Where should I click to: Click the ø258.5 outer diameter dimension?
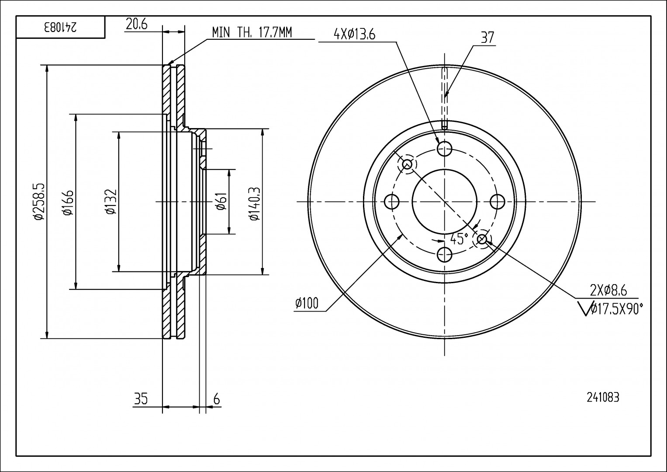[38, 201]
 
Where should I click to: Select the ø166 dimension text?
[68, 201]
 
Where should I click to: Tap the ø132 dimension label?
[111, 201]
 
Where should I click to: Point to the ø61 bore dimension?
[221, 201]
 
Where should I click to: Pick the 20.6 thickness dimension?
[136, 24]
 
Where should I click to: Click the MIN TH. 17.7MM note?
[252, 32]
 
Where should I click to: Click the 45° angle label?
[459, 239]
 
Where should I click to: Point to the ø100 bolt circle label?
[307, 302]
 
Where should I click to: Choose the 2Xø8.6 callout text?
[608, 290]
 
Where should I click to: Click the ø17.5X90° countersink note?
[616, 309]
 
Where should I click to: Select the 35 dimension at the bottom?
[141, 399]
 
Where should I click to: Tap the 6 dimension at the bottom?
[216, 399]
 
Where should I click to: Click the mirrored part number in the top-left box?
[60, 28]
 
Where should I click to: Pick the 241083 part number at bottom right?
[603, 397]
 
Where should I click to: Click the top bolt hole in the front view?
[444, 149]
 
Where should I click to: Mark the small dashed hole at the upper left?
[407, 164]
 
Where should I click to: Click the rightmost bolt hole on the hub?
[497, 201]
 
